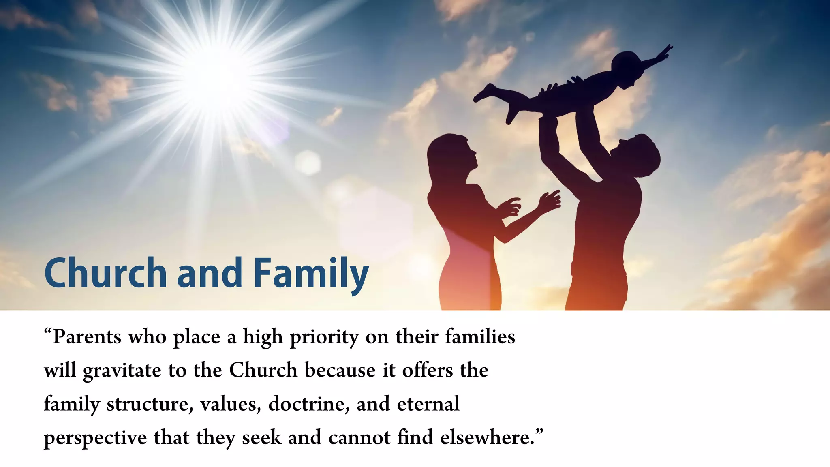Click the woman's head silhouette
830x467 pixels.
tap(450, 154)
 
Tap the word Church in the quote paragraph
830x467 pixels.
tap(263, 371)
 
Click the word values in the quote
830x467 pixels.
tap(231, 405)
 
